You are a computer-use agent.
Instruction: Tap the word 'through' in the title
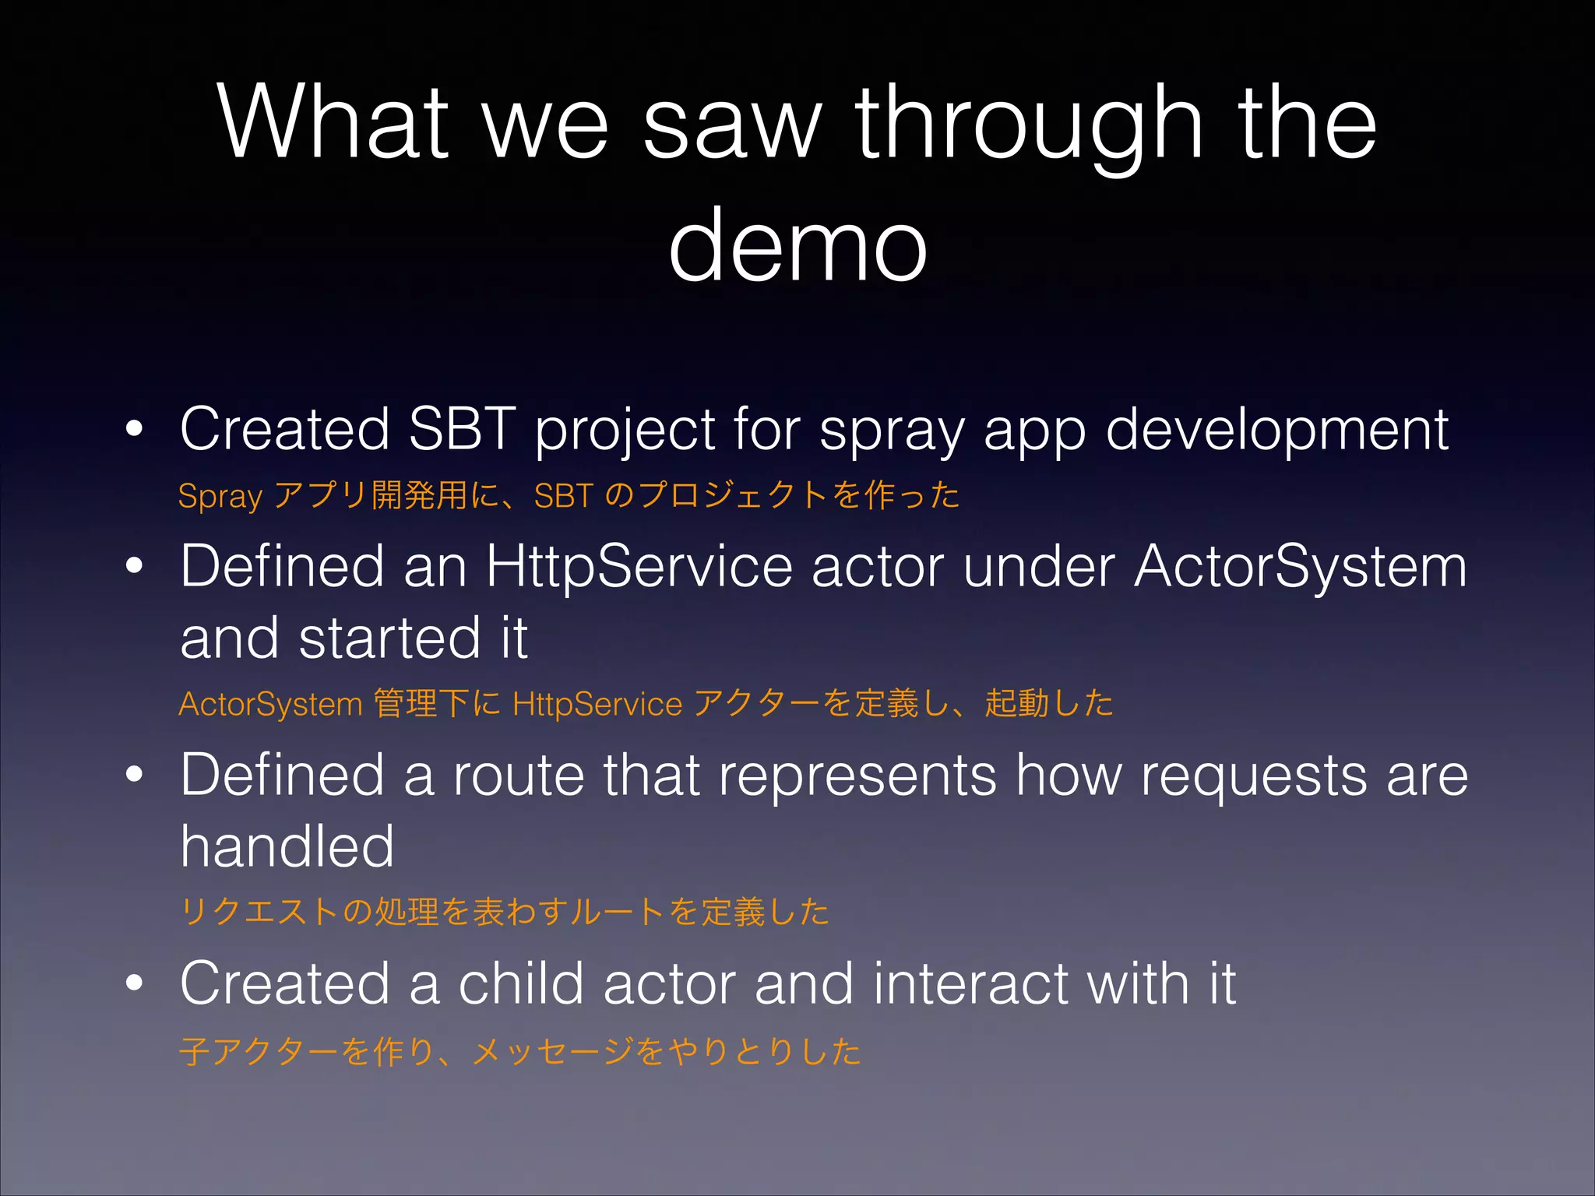pyautogui.click(x=1028, y=125)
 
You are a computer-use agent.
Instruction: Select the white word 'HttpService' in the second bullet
pyautogui.click(x=639, y=567)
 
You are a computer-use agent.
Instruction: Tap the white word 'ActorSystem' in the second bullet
pyautogui.click(x=1300, y=567)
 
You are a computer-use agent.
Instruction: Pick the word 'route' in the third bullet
pyautogui.click(x=518, y=776)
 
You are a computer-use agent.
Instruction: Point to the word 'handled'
pyautogui.click(x=287, y=846)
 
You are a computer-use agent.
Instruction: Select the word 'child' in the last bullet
pyautogui.click(x=520, y=983)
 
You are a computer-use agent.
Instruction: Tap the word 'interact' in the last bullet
pyautogui.click(x=970, y=983)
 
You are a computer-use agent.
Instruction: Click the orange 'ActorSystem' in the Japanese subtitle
pyautogui.click(x=270, y=704)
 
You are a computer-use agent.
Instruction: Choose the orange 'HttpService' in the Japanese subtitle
pyautogui.click(x=597, y=704)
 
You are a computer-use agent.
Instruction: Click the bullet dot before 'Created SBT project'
pyautogui.click(x=135, y=429)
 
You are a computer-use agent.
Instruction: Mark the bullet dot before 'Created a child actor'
pyautogui.click(x=135, y=983)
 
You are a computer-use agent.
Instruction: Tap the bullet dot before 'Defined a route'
pyautogui.click(x=135, y=775)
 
